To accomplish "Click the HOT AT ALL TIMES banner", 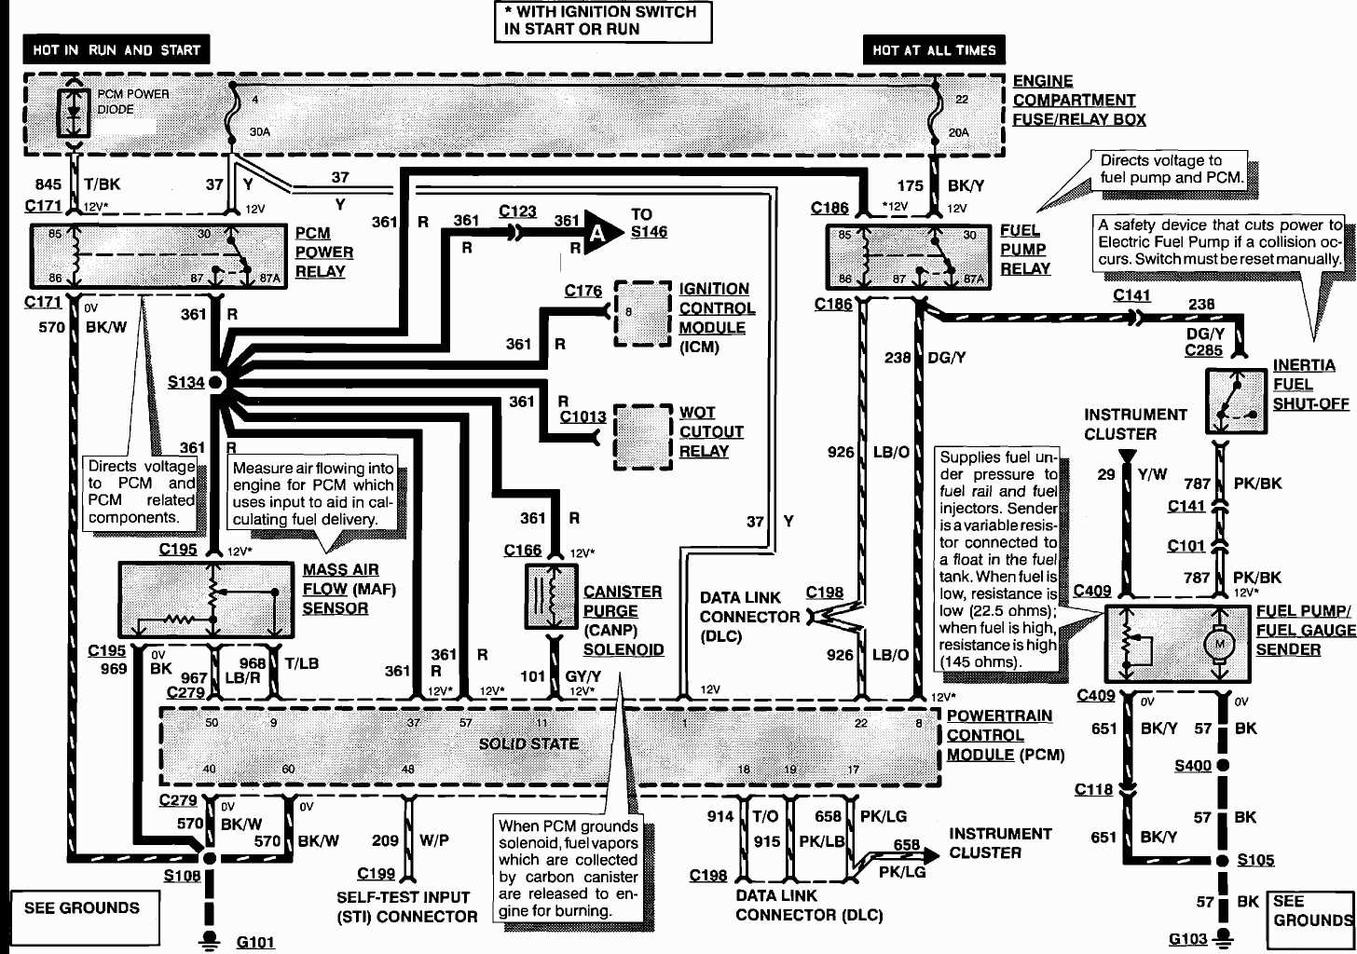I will (934, 50).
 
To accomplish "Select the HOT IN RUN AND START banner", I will (117, 50).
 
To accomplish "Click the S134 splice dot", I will (215, 382).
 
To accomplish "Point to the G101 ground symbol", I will (210, 939).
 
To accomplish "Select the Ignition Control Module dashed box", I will (642, 313).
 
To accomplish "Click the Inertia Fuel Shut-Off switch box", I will (1237, 401).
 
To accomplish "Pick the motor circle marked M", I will (1218, 644).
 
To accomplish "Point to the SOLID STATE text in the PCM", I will (528, 743).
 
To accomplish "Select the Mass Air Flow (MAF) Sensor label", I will (349, 589).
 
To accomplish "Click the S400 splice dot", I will (1223, 765).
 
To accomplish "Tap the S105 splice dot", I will (1223, 860).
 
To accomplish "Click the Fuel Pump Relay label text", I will (1025, 250).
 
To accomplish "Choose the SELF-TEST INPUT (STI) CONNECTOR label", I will (406, 906).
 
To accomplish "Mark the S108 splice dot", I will (210, 858).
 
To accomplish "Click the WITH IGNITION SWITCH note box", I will (602, 20).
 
